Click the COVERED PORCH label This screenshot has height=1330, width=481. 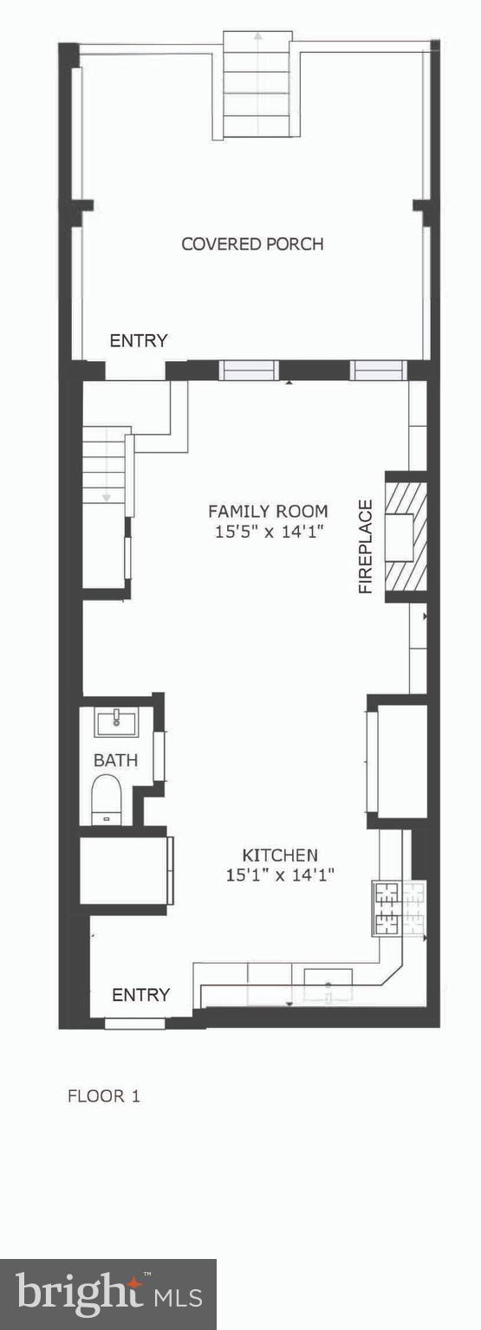[252, 244]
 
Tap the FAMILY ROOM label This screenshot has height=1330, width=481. [268, 511]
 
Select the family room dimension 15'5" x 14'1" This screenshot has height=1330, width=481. [269, 532]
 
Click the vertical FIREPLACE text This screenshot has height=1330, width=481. [366, 546]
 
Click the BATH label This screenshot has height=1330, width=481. [115, 760]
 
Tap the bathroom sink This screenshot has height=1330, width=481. [116, 722]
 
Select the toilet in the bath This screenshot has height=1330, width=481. [107, 798]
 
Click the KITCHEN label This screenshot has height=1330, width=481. [279, 855]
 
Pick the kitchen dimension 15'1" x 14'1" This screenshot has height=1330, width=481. [280, 875]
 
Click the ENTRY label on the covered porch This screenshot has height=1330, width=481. [138, 341]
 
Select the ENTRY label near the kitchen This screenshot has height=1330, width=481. [140, 995]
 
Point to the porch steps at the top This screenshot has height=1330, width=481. [257, 84]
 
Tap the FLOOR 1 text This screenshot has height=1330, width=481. [104, 1096]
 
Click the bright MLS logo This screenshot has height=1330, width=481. [108, 1294]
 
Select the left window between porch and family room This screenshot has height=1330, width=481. [248, 371]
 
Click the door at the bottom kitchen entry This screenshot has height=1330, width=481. [135, 1023]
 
